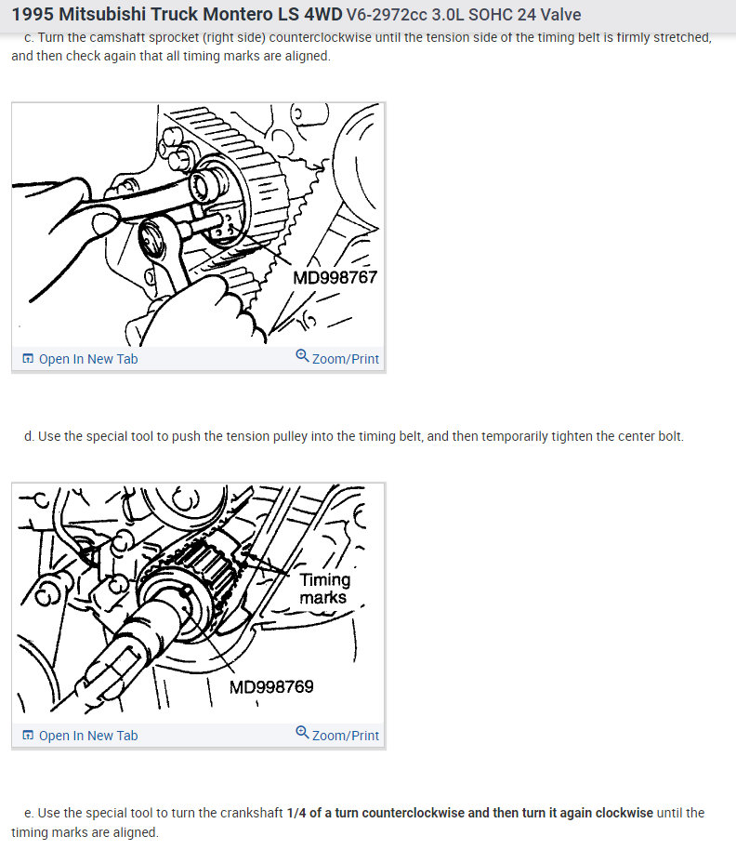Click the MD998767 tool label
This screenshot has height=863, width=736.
point(335,277)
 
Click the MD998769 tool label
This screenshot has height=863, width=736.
point(271,687)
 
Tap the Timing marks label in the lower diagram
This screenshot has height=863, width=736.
point(324,589)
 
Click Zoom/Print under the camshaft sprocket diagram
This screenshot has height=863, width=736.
point(346,359)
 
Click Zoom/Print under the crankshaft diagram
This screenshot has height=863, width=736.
point(346,736)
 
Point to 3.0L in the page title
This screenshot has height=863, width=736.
point(448,14)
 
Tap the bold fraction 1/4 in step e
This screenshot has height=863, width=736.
point(296,813)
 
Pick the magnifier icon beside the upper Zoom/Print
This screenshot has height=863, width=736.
point(302,355)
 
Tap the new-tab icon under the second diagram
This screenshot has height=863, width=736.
point(28,736)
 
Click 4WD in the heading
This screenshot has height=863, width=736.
point(323,14)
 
